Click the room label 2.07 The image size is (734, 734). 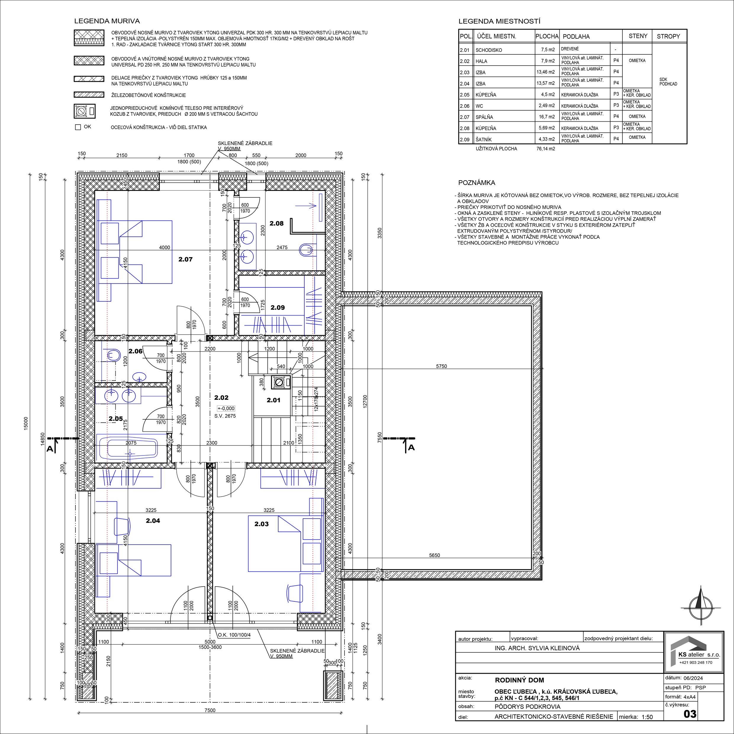point(185,260)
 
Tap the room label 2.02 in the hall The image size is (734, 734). point(221,398)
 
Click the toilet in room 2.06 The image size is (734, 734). point(113,355)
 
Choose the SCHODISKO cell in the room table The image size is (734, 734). point(489,50)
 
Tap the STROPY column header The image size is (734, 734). point(668,36)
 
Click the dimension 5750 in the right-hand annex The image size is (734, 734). point(442,366)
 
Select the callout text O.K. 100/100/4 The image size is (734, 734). point(234,635)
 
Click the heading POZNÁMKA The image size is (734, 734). point(477,183)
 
